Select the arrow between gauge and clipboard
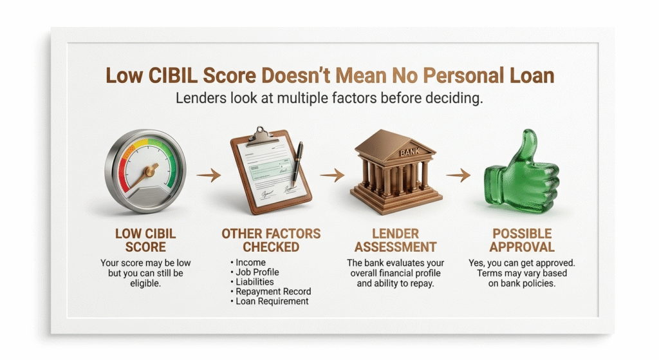(209, 175)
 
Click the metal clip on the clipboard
(261, 137)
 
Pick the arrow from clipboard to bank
(332, 175)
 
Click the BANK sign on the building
(409, 152)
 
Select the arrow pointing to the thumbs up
(458, 175)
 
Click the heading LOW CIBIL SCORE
(145, 240)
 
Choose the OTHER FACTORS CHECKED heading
(271, 240)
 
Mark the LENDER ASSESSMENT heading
(396, 240)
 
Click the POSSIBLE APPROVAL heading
(522, 240)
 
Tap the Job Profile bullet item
(255, 272)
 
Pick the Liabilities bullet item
(252, 282)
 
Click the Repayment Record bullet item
(271, 292)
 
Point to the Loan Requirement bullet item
(270, 301)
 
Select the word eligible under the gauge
(145, 283)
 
